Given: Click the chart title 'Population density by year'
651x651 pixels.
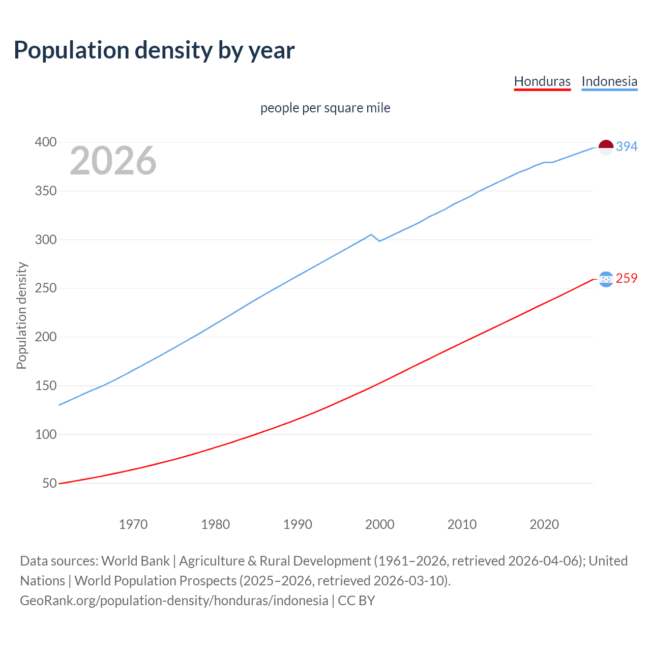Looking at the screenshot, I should click(154, 50).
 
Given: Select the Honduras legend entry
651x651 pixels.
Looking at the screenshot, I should click(542, 81).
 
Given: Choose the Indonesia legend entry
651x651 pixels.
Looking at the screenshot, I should click(609, 81).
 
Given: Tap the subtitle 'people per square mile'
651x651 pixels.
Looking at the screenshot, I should click(325, 108).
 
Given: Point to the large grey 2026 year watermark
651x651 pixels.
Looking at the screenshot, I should click(113, 161).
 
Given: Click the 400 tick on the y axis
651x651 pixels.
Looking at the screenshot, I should click(45, 142).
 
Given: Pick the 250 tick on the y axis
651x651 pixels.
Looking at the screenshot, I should click(45, 288).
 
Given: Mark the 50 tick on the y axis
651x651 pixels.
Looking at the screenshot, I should click(49, 483).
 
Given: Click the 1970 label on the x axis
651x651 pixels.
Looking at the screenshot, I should click(133, 524).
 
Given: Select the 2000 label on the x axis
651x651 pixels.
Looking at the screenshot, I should click(380, 524).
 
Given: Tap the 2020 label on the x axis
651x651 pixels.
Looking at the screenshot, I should click(544, 524).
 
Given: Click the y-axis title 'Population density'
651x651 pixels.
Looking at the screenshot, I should click(21, 315).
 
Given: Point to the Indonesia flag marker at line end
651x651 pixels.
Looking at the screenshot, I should click(606, 147).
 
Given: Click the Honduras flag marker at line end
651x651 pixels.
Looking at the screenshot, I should click(606, 279).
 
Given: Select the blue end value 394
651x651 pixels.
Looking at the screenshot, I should click(627, 147).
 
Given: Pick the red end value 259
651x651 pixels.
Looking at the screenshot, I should click(627, 279).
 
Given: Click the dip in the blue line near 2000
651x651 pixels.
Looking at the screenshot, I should click(379, 241).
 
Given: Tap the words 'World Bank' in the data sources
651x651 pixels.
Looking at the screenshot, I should click(135, 561).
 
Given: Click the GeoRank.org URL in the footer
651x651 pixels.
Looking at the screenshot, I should click(174, 601).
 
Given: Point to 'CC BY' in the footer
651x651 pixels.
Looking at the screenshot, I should click(357, 601).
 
